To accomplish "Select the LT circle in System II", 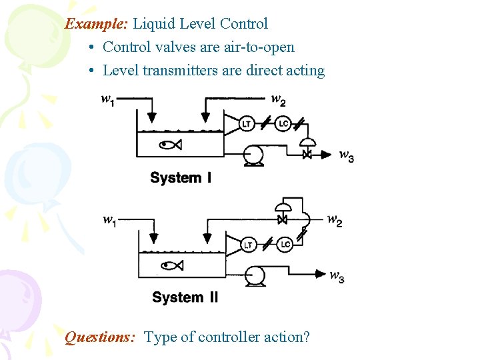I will [248, 245].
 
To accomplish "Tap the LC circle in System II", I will [285, 245].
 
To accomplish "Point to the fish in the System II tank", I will [172, 266].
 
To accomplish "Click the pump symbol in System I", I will [253, 155].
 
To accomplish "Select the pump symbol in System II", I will [254, 275].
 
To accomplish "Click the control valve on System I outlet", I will [307, 154].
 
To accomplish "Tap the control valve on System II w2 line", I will [282, 219].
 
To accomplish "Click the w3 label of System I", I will [346, 156].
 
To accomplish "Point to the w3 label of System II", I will [337, 277].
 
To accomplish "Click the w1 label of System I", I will [107, 99].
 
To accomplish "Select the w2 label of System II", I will [335, 221].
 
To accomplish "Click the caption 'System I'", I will [181, 178].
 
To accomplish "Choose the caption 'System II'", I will [185, 297].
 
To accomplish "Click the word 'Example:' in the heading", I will [97, 24].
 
